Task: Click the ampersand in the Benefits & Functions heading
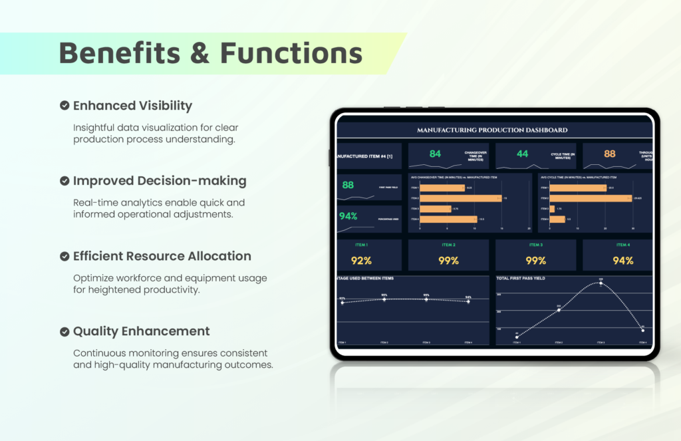[200, 53]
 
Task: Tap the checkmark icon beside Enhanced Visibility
[65, 106]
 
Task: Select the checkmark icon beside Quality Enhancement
[65, 331]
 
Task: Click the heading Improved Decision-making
[160, 181]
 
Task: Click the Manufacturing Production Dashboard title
[492, 130]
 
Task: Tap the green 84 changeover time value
[435, 154]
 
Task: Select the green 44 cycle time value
[522, 154]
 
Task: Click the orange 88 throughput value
[609, 154]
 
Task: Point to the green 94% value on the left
[348, 216]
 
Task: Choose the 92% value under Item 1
[361, 260]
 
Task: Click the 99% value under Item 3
[535, 260]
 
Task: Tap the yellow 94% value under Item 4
[622, 260]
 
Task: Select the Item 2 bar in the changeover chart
[460, 198]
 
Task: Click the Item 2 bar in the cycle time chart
[590, 198]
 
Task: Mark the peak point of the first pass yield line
[601, 283]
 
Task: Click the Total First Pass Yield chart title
[521, 278]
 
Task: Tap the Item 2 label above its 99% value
[448, 245]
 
